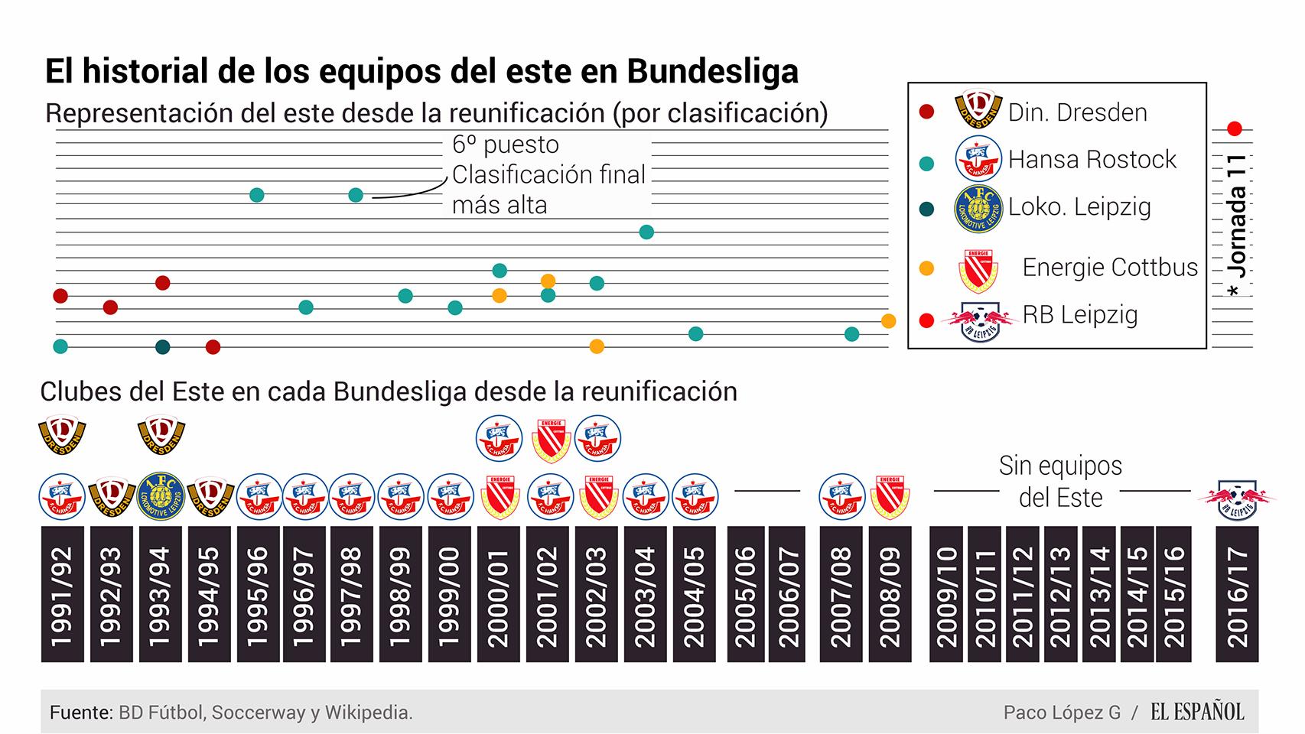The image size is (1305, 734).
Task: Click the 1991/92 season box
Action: [x=62, y=594]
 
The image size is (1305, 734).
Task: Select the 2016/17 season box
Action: [x=1236, y=594]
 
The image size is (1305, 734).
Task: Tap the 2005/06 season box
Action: [x=745, y=594]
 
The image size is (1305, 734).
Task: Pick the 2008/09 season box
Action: [x=890, y=594]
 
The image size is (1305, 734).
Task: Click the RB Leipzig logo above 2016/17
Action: [x=1237, y=497]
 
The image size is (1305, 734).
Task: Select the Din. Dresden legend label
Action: [x=1077, y=112]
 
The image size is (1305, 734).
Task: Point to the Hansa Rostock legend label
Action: [x=1092, y=159]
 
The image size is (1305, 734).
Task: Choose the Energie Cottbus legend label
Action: [x=1109, y=267]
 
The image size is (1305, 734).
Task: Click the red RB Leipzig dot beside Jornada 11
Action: [x=1234, y=128]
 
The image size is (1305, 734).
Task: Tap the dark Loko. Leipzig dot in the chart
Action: [x=162, y=347]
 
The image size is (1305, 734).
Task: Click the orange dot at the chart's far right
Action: [x=888, y=321]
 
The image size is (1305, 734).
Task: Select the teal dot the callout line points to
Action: [x=356, y=195]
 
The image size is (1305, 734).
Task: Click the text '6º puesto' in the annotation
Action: [x=505, y=145]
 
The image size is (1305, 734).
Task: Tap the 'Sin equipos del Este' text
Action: [x=1060, y=481]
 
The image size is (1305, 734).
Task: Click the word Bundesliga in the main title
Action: [x=713, y=71]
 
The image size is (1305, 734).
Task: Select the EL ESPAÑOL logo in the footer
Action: [x=1197, y=712]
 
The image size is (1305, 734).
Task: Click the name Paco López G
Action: [x=1061, y=713]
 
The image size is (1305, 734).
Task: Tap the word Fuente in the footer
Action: [x=80, y=713]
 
